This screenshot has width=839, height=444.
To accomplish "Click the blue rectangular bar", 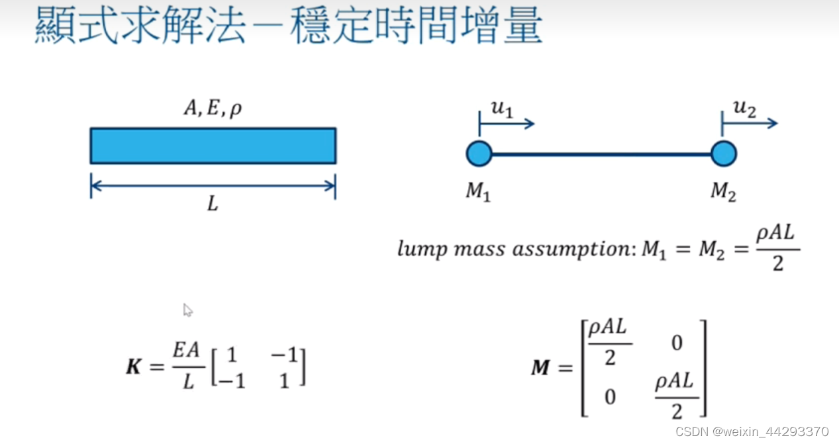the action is (213, 146).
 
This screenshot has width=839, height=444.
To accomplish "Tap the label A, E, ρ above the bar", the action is (213, 107).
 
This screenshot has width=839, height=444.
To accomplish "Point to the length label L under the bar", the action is (212, 204).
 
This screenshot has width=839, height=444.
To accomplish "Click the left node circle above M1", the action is (479, 154).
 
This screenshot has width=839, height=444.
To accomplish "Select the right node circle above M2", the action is (723, 154).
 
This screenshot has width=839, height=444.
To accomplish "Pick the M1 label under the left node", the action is (478, 191).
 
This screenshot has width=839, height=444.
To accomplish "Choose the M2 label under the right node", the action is (723, 191).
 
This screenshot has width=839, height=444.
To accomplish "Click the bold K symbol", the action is (134, 367).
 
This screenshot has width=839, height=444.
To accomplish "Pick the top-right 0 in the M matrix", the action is (675, 343).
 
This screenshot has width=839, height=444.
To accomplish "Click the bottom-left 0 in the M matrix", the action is (609, 396).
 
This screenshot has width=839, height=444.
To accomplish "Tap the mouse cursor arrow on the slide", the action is (187, 310).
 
